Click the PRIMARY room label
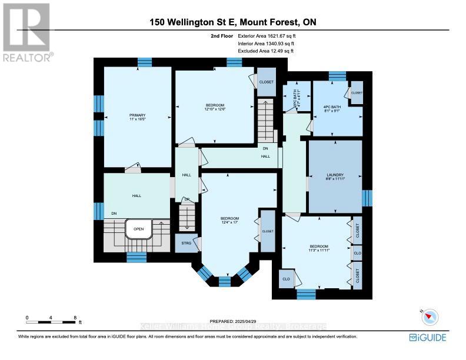tap(137, 117)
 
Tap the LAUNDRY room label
tap(335, 178)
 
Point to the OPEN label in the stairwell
tap(139, 229)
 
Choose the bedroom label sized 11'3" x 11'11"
tap(319, 248)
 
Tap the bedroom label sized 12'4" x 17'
tap(230, 220)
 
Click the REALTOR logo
tap(28, 32)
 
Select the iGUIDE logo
tap(427, 337)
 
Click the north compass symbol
tap(431, 316)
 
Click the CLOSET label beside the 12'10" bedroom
tap(267, 82)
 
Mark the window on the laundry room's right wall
tap(367, 198)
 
